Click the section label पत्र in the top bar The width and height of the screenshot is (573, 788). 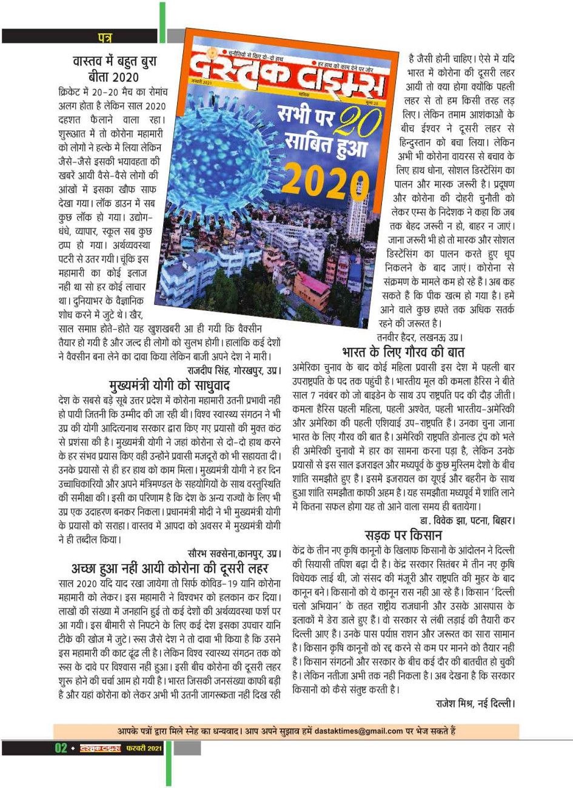point(104,38)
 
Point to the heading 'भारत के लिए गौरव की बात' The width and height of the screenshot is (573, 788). point(403,352)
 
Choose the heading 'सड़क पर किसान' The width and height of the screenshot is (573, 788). point(403,535)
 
